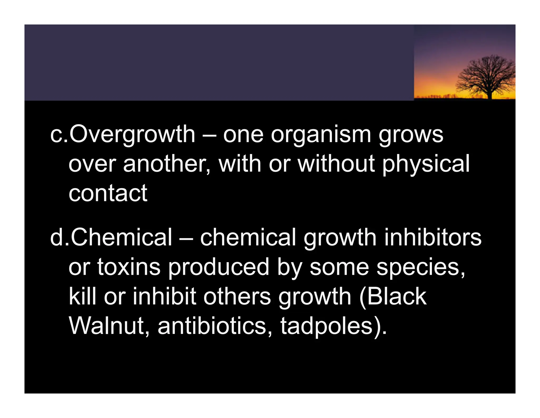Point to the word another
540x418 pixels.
[165, 164]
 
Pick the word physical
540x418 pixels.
[426, 164]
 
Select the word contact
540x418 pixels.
[108, 193]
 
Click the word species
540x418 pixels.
[421, 267]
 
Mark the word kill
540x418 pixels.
[82, 296]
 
